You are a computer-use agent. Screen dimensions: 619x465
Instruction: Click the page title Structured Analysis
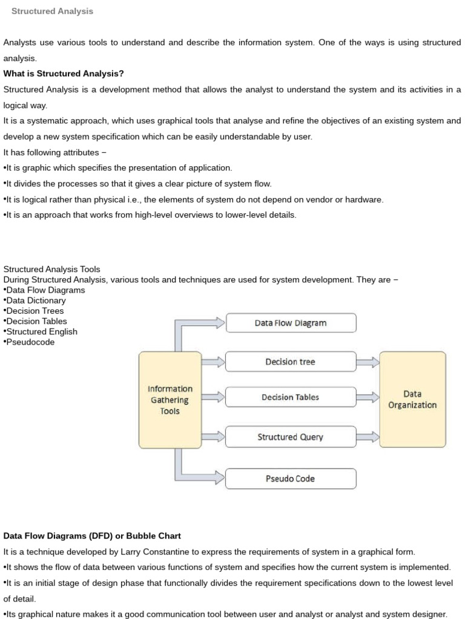click(52, 11)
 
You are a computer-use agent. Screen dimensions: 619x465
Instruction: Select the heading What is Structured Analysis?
click(64, 74)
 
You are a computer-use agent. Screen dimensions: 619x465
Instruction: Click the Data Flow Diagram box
click(291, 323)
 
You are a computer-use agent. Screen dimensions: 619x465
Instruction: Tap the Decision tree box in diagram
click(291, 362)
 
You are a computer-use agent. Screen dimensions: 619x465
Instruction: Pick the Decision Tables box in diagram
click(291, 397)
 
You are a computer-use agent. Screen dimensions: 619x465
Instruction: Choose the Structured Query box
click(291, 437)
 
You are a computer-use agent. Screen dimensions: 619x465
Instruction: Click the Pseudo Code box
click(291, 479)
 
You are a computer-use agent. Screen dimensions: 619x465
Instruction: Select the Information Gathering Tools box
click(170, 400)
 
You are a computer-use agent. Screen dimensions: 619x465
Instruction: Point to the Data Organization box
click(412, 400)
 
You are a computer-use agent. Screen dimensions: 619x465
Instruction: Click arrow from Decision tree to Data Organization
click(368, 362)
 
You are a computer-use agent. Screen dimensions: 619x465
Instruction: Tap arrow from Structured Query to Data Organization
click(368, 437)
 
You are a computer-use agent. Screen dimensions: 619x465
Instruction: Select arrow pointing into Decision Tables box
click(213, 397)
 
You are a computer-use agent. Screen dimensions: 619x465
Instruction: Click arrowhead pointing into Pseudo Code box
click(220, 479)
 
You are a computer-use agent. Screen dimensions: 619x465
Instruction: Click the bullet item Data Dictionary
click(36, 300)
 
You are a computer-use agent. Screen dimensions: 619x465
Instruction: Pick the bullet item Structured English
click(42, 331)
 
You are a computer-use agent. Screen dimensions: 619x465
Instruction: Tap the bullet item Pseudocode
click(30, 342)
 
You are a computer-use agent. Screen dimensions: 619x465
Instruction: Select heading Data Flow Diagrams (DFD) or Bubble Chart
click(92, 536)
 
